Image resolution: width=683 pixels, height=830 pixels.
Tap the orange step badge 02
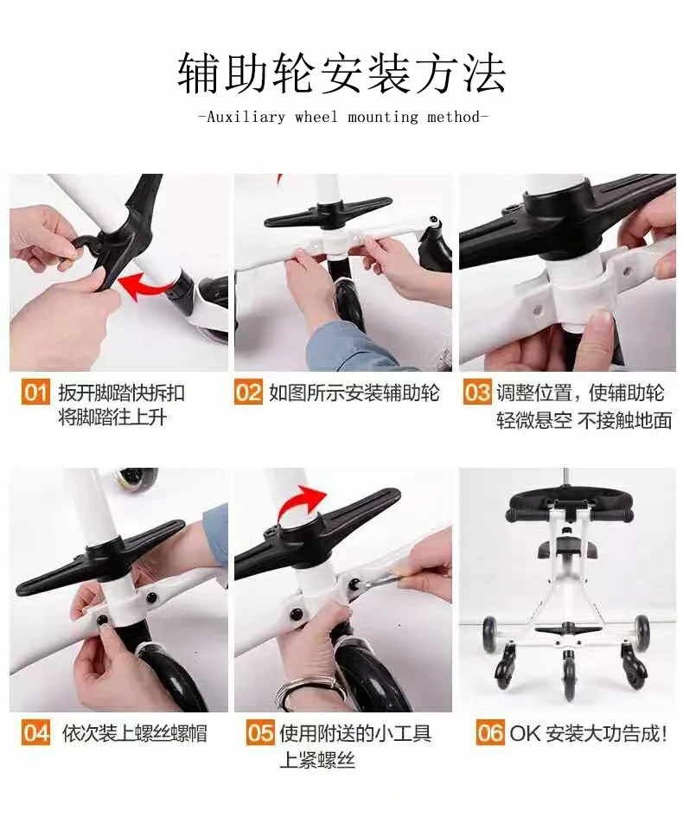point(248,393)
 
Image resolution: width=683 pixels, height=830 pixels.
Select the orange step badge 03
point(477,393)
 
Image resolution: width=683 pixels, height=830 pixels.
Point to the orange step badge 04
point(36,733)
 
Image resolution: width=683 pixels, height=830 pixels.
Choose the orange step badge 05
point(260,733)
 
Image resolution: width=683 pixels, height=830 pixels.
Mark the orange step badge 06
point(489,733)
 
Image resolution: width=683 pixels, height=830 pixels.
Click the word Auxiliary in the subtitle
point(246,117)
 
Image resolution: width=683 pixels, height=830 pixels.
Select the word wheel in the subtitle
point(316,116)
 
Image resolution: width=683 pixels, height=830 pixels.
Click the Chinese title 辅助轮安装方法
point(341,73)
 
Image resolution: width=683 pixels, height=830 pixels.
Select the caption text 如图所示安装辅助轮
point(354,393)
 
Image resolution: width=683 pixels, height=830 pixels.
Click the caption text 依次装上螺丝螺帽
point(135,734)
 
